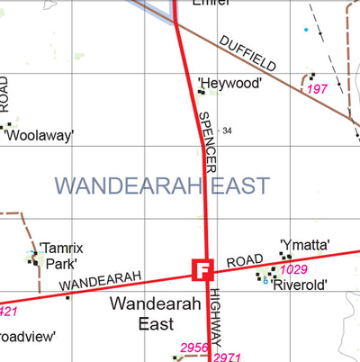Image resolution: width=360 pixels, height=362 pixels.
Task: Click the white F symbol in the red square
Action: (x=202, y=269)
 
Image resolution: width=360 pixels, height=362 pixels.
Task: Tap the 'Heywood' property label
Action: (x=230, y=84)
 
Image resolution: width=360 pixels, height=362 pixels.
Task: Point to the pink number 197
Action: (x=317, y=90)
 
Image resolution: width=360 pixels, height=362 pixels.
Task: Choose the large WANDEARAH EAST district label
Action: (x=162, y=186)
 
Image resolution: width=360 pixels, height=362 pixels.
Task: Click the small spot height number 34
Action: (x=227, y=131)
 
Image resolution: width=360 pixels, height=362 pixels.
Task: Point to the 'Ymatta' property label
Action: (x=305, y=244)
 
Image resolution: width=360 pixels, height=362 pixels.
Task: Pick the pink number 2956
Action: (x=194, y=348)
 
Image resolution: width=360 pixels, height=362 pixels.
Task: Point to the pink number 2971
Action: (x=228, y=357)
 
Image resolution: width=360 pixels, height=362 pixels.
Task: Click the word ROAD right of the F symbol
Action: (x=243, y=261)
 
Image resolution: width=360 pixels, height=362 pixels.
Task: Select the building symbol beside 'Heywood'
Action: (x=201, y=90)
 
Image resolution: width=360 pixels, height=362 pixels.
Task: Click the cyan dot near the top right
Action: (x=306, y=31)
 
